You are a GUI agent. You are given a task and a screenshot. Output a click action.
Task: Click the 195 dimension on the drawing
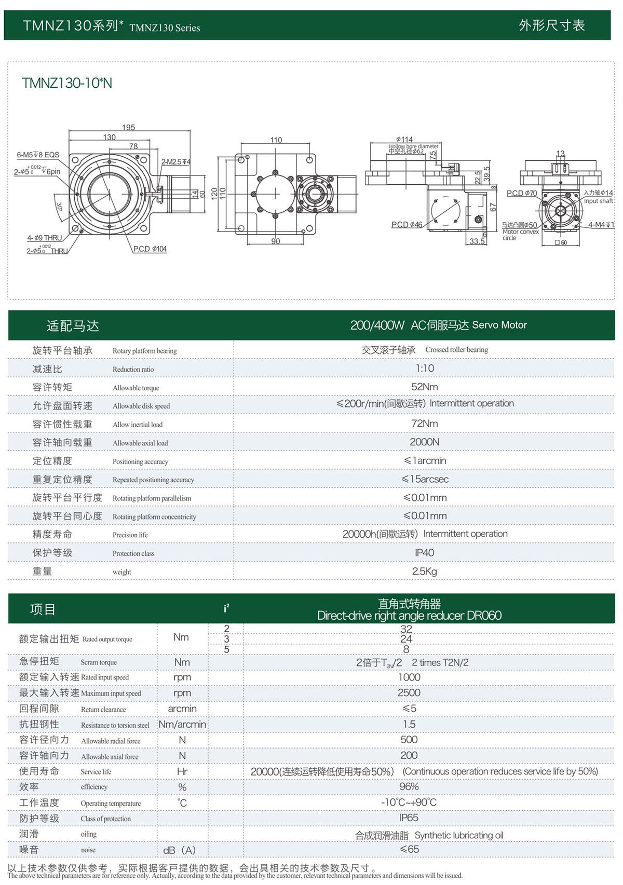click(128, 127)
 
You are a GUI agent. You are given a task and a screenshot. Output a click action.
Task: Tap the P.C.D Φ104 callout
click(150, 249)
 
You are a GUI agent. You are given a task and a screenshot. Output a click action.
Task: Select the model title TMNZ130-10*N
click(67, 83)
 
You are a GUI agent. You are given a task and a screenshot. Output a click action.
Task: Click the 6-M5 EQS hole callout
click(38, 155)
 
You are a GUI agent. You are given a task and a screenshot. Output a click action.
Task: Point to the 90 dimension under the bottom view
click(275, 241)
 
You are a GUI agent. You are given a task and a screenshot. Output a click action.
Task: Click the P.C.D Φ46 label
click(407, 225)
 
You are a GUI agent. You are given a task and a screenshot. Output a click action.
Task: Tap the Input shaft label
click(598, 201)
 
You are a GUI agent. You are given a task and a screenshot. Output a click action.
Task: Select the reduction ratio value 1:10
click(424, 369)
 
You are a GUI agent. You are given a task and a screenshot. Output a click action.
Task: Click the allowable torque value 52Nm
click(424, 387)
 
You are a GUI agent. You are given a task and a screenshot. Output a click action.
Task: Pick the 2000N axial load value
click(424, 442)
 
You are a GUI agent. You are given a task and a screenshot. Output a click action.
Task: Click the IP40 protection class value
click(424, 553)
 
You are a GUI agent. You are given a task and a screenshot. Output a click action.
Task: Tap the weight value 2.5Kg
click(424, 571)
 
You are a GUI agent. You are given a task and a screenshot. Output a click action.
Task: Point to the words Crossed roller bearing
click(456, 350)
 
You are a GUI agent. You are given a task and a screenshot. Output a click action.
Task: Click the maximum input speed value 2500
click(409, 693)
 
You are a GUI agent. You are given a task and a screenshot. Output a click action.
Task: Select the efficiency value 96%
click(409, 787)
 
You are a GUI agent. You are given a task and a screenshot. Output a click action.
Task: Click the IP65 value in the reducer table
click(409, 818)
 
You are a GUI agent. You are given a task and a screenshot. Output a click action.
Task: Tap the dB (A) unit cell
click(180, 850)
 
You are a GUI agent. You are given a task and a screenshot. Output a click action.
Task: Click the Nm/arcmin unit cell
click(182, 725)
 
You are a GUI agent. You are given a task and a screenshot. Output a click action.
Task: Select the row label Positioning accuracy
click(140, 461)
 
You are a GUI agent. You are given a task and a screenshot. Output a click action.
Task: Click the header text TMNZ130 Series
click(165, 28)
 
